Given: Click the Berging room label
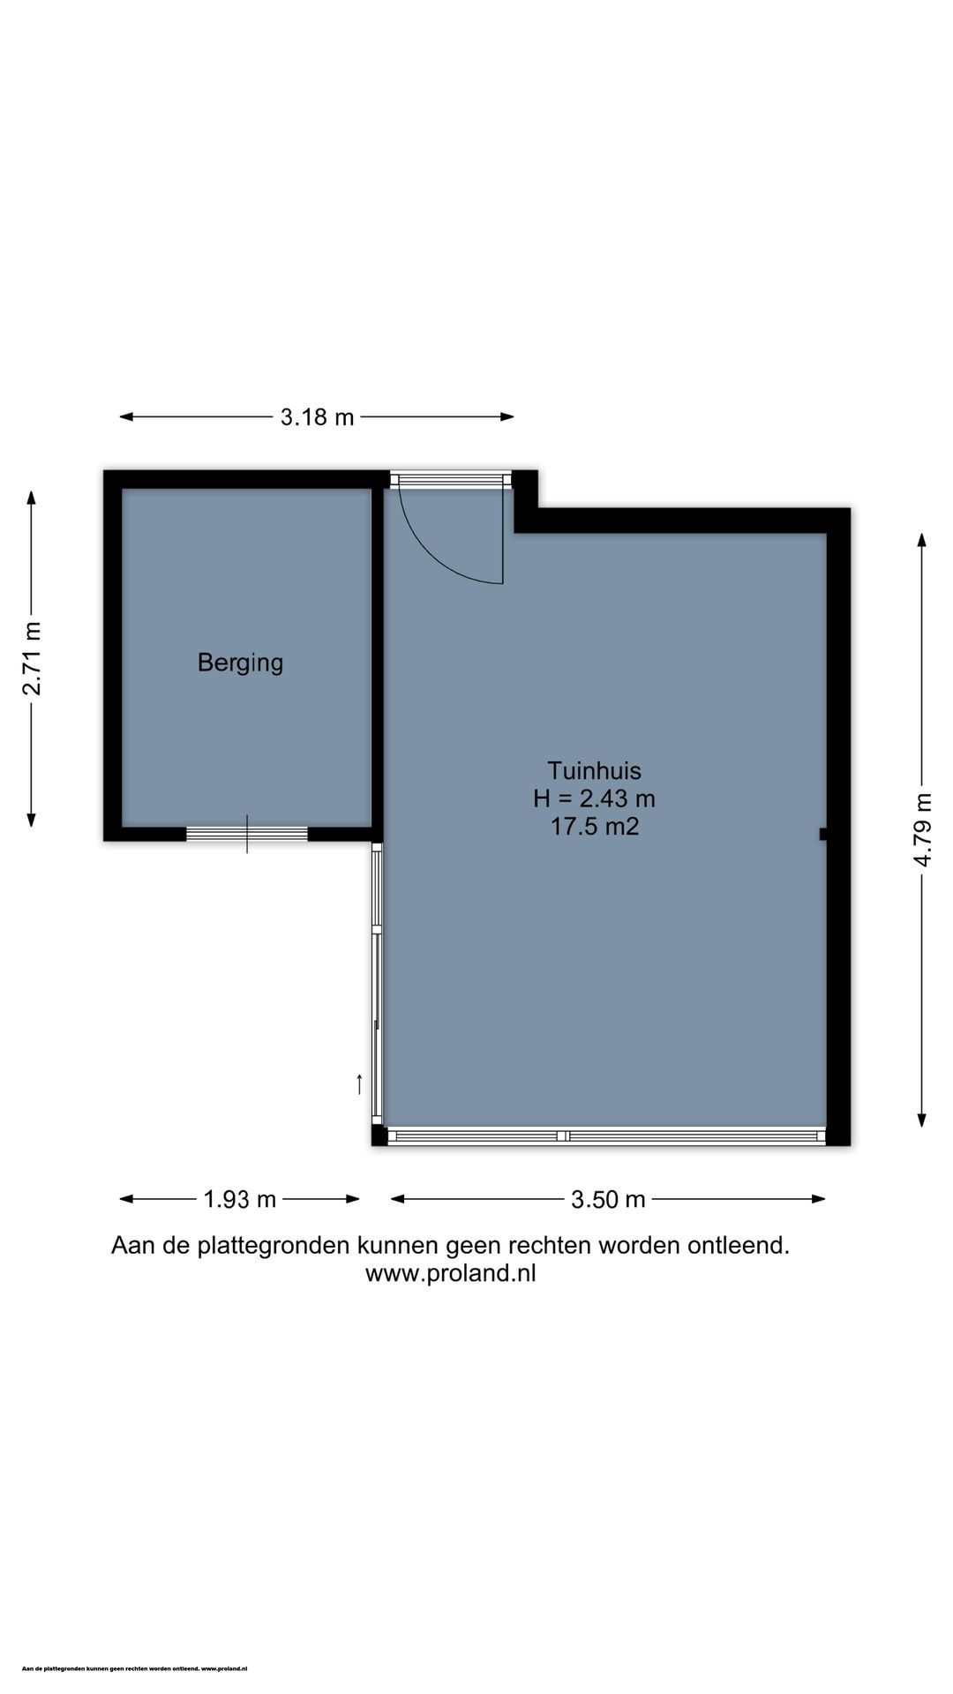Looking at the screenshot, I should pyautogui.click(x=240, y=662).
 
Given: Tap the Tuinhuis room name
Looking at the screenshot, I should pyautogui.click(x=594, y=770).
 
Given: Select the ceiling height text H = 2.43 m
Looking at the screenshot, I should pyautogui.click(x=594, y=798).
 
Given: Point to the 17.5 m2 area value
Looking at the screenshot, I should pyautogui.click(x=594, y=827).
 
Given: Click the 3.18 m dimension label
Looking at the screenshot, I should pyautogui.click(x=317, y=416).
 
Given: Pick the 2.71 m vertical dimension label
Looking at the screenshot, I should pyautogui.click(x=32, y=658).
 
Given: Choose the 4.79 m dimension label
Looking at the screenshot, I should pyautogui.click(x=922, y=829).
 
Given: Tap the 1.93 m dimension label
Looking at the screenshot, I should pyautogui.click(x=239, y=1199).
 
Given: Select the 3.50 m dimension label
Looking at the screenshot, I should pyautogui.click(x=608, y=1199).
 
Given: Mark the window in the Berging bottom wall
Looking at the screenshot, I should pyautogui.click(x=247, y=834).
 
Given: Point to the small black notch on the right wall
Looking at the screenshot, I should pyautogui.click(x=822, y=834).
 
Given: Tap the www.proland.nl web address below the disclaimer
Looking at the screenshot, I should pyautogui.click(x=450, y=1273).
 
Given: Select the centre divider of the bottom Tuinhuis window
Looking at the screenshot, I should pyautogui.click(x=563, y=1136).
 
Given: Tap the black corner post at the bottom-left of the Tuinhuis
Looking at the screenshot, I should pyautogui.click(x=379, y=1136).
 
